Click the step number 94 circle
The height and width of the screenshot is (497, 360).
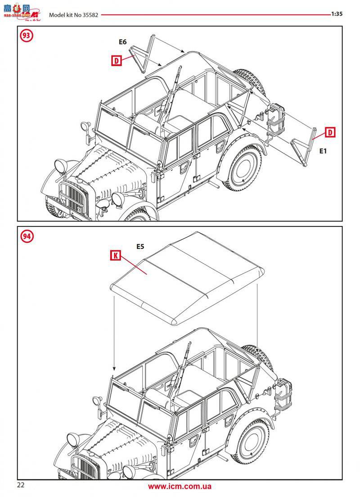(x=27, y=236)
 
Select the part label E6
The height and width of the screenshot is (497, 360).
(x=123, y=42)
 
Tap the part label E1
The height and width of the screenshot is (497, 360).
(x=323, y=151)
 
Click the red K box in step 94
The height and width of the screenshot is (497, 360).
(x=116, y=255)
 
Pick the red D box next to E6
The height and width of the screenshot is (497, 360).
(x=117, y=60)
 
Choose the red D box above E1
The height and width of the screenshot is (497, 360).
(x=330, y=132)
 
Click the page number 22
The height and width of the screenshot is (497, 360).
(x=21, y=485)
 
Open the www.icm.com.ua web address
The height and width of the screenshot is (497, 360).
(x=180, y=486)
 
